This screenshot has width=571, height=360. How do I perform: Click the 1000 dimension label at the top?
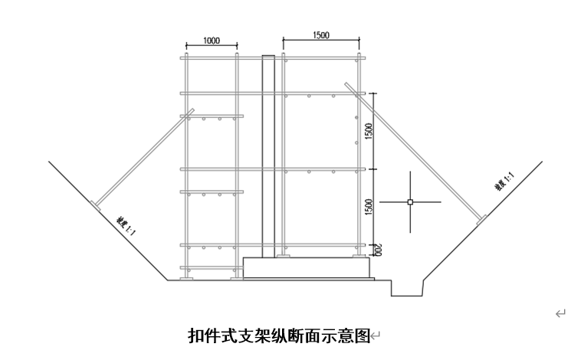(x=212, y=40)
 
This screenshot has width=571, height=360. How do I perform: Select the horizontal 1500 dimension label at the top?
(x=321, y=35)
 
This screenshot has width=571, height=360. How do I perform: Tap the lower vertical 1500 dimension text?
(x=369, y=207)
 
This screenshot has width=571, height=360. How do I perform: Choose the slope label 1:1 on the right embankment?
(x=504, y=184)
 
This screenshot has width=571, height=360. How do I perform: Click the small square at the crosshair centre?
(x=410, y=202)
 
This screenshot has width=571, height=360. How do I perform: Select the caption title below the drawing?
(x=279, y=335)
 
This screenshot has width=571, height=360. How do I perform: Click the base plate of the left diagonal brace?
(x=95, y=205)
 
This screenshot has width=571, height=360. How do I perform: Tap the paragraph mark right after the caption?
(x=376, y=335)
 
